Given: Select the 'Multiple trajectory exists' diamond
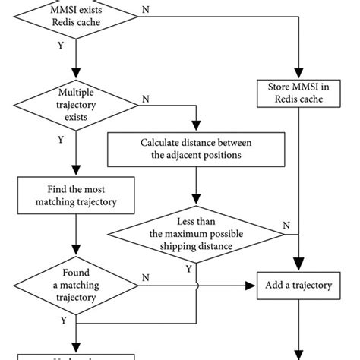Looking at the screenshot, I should point(74,103).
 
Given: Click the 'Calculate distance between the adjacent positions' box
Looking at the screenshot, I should point(196,149).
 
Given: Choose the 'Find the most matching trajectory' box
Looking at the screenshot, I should point(74,196).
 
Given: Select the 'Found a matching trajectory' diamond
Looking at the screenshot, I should point(74,288).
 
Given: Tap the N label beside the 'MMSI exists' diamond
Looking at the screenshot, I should point(145,10).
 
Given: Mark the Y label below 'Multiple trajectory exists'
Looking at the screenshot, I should point(60,141).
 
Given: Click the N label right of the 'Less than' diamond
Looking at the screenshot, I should point(286,225).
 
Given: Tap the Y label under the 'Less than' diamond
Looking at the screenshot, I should point(188,267).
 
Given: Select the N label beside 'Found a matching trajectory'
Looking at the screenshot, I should point(144,279).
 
